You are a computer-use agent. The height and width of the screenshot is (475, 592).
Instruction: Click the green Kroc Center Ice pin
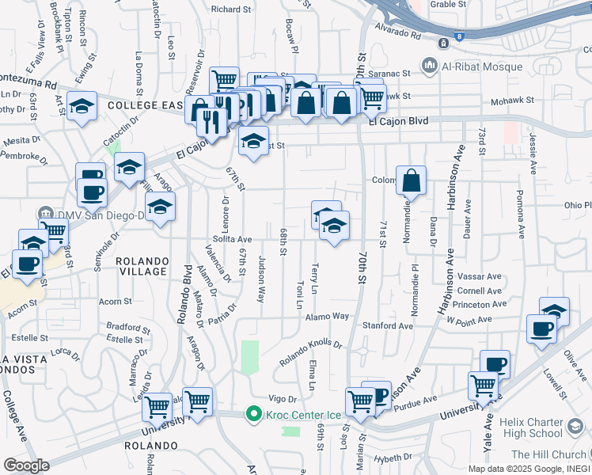(253, 414)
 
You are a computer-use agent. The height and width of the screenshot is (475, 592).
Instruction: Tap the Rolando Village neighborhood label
(142, 266)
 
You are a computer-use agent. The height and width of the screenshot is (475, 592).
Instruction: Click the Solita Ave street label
(232, 238)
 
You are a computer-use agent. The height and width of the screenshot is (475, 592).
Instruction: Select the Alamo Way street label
(328, 316)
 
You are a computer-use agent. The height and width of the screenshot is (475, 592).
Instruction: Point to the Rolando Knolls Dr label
(310, 354)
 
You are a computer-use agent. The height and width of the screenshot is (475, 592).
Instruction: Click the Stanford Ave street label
(388, 325)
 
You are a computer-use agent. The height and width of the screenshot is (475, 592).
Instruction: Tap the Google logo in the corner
(26, 465)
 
